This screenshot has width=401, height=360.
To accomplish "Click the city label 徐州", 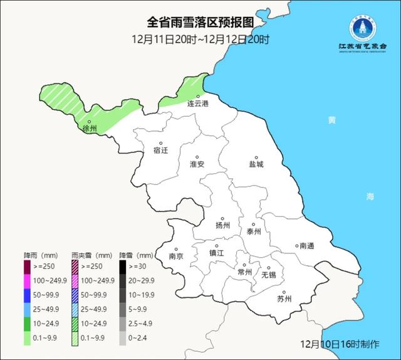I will pos(90,129).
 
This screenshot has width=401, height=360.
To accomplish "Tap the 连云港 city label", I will pos(198,103).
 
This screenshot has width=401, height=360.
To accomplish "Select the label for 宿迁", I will pos(161,151).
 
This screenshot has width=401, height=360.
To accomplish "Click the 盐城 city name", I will pos(256,164).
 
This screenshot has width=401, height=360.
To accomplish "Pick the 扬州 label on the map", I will pos(222,225).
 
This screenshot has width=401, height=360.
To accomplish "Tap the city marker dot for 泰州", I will pos(253,224).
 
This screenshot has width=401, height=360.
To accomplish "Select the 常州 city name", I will pos(244,272).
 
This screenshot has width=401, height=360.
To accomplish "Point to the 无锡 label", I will pos(268,274).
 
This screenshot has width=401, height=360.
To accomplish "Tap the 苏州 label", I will pos(284,299).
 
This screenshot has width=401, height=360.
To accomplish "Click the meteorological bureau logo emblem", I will pos(363,28).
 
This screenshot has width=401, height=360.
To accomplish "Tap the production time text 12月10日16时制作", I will pos(340,344).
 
